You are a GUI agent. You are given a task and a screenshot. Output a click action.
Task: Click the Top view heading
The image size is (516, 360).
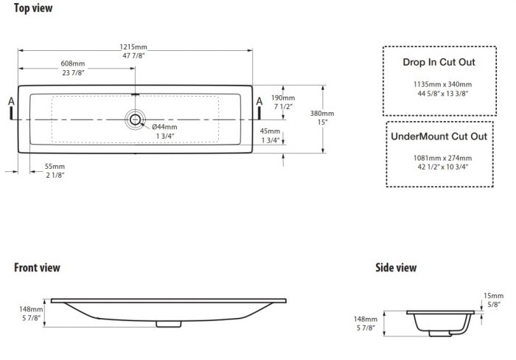[33, 8]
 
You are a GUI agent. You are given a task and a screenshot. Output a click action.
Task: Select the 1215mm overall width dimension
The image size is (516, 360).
[133, 47]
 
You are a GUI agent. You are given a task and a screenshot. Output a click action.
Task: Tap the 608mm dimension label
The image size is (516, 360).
[73, 63]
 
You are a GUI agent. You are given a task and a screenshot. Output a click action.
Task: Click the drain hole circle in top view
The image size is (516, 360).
[135, 120]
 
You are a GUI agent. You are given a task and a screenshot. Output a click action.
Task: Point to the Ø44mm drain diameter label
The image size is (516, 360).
[164, 127]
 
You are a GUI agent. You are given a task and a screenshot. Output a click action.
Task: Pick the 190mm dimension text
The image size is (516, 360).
[283, 98]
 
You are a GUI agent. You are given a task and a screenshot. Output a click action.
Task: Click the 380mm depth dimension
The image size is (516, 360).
[322, 114]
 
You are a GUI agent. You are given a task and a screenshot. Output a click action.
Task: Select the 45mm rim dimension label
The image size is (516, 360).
[270, 131]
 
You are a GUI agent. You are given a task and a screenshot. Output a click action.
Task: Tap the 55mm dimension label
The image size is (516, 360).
[55, 166]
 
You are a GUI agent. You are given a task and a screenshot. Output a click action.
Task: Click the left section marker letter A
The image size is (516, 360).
[11, 102]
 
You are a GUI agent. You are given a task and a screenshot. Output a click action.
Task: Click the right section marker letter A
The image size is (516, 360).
[259, 102]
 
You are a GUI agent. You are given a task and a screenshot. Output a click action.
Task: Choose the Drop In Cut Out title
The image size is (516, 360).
[439, 62]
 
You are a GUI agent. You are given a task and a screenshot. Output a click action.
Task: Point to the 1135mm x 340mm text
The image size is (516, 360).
[442, 84]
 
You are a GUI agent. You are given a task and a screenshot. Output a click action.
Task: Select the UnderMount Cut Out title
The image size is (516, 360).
[439, 136]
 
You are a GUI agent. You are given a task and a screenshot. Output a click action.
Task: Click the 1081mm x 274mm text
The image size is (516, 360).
[442, 158]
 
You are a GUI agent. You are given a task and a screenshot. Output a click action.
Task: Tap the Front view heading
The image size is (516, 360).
[37, 268]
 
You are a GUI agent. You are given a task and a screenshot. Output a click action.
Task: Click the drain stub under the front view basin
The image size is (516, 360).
[169, 324]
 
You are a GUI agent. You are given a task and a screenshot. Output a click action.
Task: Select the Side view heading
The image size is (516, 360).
[396, 268]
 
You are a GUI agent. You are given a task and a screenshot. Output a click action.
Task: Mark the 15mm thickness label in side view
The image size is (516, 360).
[493, 296]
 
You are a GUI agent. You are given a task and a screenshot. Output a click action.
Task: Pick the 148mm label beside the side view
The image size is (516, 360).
[366, 319]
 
